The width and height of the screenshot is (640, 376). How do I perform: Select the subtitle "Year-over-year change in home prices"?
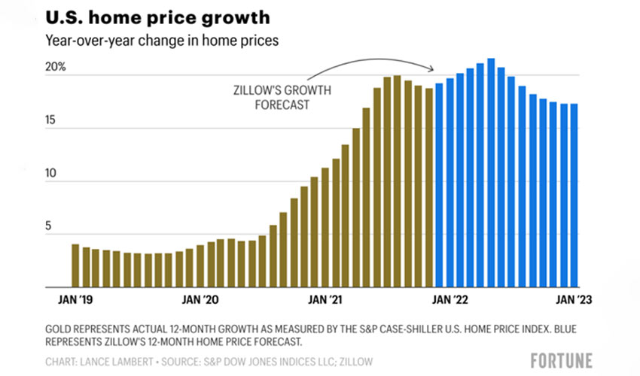[x=163, y=41]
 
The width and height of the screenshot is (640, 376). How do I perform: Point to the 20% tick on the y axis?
[x=56, y=68]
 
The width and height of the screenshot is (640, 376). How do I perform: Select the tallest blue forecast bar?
[x=491, y=173]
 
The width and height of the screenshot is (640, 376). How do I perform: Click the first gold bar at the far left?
[x=75, y=265]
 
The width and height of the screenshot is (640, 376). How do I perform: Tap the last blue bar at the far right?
[x=574, y=196]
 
